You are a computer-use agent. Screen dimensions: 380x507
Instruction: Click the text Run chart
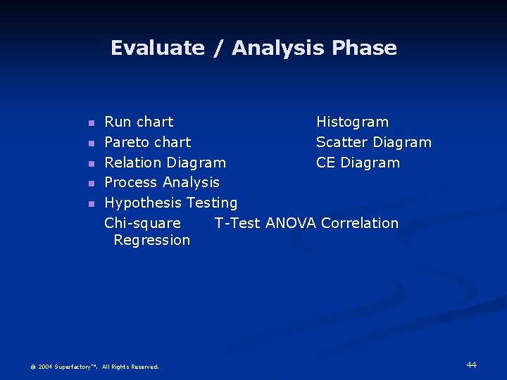coord(139,122)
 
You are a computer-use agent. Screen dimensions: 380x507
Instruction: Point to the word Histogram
coord(352,122)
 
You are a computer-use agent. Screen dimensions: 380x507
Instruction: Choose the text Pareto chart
coord(147,142)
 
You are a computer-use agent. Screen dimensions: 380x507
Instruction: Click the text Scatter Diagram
coord(373,142)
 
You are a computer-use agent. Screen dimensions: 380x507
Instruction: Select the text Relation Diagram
coord(165,163)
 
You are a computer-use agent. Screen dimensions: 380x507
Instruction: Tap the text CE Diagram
coord(358,163)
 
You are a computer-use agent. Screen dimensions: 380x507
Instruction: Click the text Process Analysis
coord(162,182)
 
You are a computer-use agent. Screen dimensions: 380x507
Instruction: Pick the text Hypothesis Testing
coord(170,203)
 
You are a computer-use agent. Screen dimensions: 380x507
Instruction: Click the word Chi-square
coord(142,223)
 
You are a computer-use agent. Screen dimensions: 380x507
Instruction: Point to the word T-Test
coord(237,223)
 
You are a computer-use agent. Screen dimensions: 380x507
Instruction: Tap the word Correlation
coord(359,223)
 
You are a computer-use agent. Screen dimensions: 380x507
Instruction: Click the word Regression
coord(151,240)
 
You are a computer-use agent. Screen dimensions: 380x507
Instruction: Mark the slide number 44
coord(471,365)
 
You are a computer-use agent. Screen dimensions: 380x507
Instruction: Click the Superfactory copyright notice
coord(94,367)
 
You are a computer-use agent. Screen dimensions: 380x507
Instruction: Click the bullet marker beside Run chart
coord(90,123)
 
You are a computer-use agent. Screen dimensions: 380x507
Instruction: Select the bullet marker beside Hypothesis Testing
coord(90,204)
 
